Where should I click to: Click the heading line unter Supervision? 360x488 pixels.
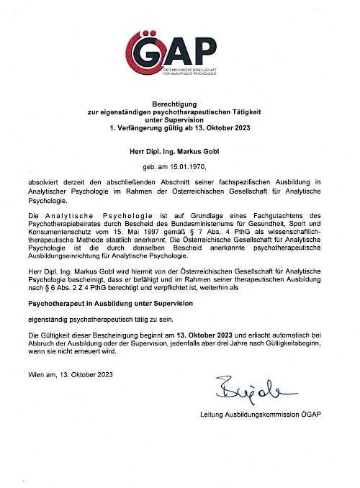pyautogui.click(x=179, y=119)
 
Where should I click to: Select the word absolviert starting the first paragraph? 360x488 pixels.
pyautogui.click(x=45, y=184)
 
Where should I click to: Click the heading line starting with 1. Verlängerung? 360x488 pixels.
pyautogui.click(x=179, y=127)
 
